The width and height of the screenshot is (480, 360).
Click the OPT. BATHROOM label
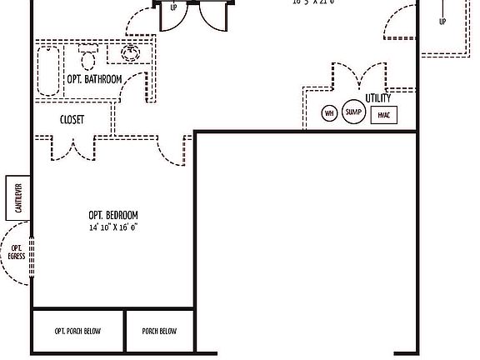pyautogui.click(x=94, y=79)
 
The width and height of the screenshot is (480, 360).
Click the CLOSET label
pyautogui.click(x=72, y=120)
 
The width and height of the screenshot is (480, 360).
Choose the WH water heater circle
pyautogui.click(x=329, y=113)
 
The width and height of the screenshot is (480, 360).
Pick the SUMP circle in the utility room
pyautogui.click(x=354, y=112)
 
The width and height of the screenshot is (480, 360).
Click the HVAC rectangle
pyautogui.click(x=383, y=114)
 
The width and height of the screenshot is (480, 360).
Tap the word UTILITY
pyautogui.click(x=377, y=98)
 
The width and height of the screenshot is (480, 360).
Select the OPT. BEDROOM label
pyautogui.click(x=113, y=215)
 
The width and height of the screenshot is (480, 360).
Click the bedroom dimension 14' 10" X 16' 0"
pyautogui.click(x=113, y=227)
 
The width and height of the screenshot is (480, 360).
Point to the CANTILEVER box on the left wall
pyautogui.click(x=18, y=197)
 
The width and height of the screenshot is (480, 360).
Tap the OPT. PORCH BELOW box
pyautogui.click(x=78, y=331)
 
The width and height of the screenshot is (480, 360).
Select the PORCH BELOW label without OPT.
pyautogui.click(x=159, y=331)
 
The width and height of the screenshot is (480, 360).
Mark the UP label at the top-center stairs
pyautogui.click(x=173, y=8)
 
